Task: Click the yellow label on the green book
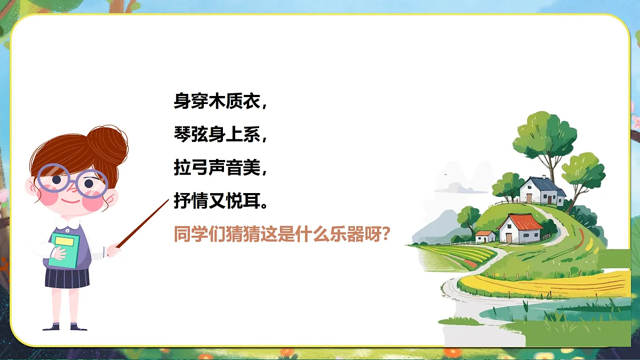[x=64, y=241]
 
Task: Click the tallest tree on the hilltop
[x=544, y=133]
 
